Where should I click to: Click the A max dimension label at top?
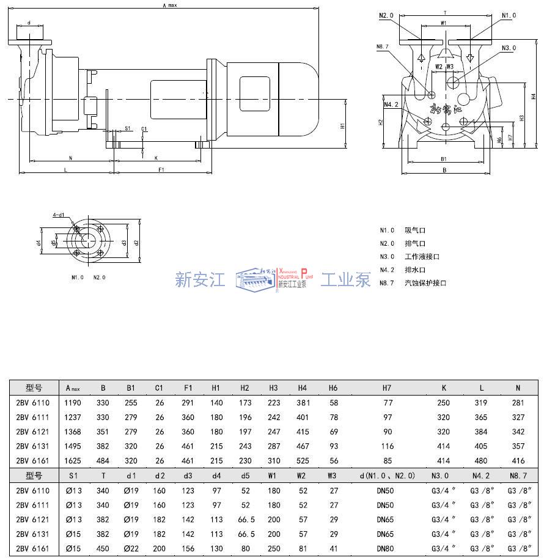[169, 6]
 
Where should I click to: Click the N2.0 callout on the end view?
[386, 15]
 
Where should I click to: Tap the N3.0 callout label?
[509, 48]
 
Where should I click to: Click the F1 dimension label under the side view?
[161, 169]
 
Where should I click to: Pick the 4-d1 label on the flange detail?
[59, 215]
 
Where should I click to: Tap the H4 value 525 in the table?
[303, 461]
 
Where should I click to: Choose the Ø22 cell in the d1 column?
[131, 548]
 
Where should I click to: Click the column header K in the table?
[443, 388]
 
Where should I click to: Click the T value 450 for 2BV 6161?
[103, 548]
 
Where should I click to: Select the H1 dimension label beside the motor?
[343, 125]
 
